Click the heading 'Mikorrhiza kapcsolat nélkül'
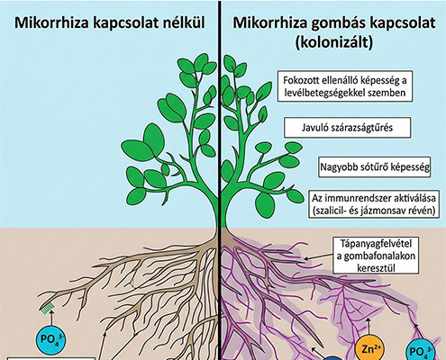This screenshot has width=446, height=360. click(x=110, y=23)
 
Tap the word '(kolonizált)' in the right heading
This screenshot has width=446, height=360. click(x=333, y=42)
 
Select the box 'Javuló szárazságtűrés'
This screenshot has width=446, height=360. click(x=348, y=128)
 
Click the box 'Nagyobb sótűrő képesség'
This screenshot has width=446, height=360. click(x=375, y=166)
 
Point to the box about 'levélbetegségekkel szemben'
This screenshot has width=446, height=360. click(x=345, y=86)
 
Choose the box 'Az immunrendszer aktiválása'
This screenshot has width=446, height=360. click(x=374, y=204)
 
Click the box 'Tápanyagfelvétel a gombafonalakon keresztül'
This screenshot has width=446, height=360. click(x=376, y=256)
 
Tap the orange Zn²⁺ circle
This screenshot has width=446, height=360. click(x=369, y=348)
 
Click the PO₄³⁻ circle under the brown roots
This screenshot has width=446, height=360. click(x=51, y=340)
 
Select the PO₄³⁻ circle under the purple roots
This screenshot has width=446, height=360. click(x=420, y=351)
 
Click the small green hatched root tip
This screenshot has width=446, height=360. click(x=48, y=308)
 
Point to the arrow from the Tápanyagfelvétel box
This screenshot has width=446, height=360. click(x=318, y=256)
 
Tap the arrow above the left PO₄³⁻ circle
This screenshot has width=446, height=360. click(x=51, y=319)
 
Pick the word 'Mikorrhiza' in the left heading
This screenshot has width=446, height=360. click(x=51, y=23)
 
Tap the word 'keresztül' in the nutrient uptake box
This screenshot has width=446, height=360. click(x=376, y=268)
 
